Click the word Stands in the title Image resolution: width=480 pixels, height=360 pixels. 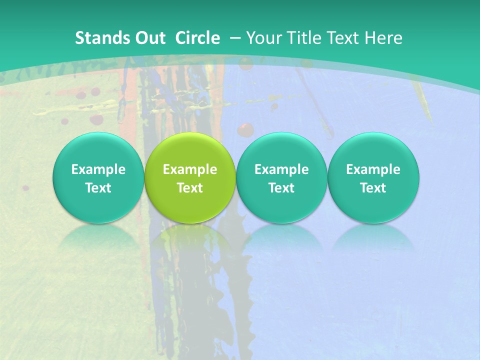(99, 38)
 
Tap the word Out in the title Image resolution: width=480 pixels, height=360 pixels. (148, 38)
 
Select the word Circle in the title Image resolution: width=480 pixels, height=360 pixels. (197, 38)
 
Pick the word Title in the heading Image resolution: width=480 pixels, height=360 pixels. (304, 38)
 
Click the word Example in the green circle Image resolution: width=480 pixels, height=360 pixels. (190, 169)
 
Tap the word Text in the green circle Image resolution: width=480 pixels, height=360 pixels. (190, 188)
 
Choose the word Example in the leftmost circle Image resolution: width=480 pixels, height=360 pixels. (98, 169)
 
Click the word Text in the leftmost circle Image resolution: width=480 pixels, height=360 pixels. (98, 188)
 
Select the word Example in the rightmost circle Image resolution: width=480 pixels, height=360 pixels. (373, 169)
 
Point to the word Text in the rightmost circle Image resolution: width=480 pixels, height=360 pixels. (373, 188)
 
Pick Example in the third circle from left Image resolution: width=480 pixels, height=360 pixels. (281, 169)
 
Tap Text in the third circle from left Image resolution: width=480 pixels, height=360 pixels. (281, 188)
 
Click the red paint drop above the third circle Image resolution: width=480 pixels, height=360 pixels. (245, 129)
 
